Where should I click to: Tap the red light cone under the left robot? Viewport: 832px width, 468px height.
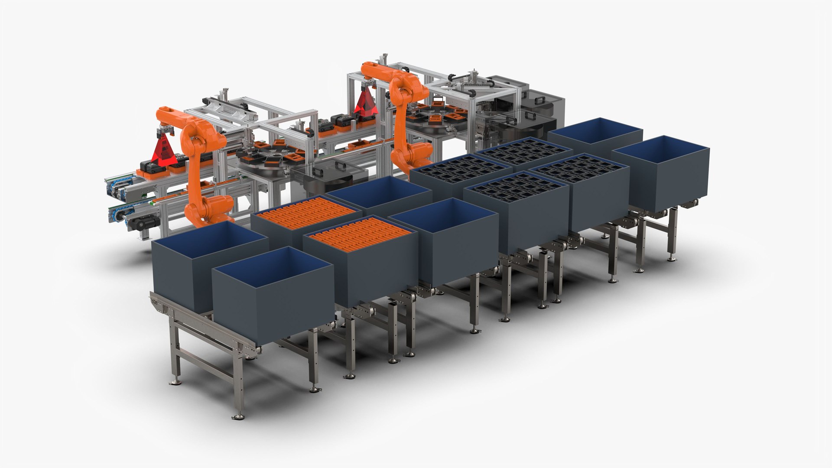point(164,152)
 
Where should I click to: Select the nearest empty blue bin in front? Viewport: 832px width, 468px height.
point(273,286)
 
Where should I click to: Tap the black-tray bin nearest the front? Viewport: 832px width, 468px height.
point(516,212)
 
